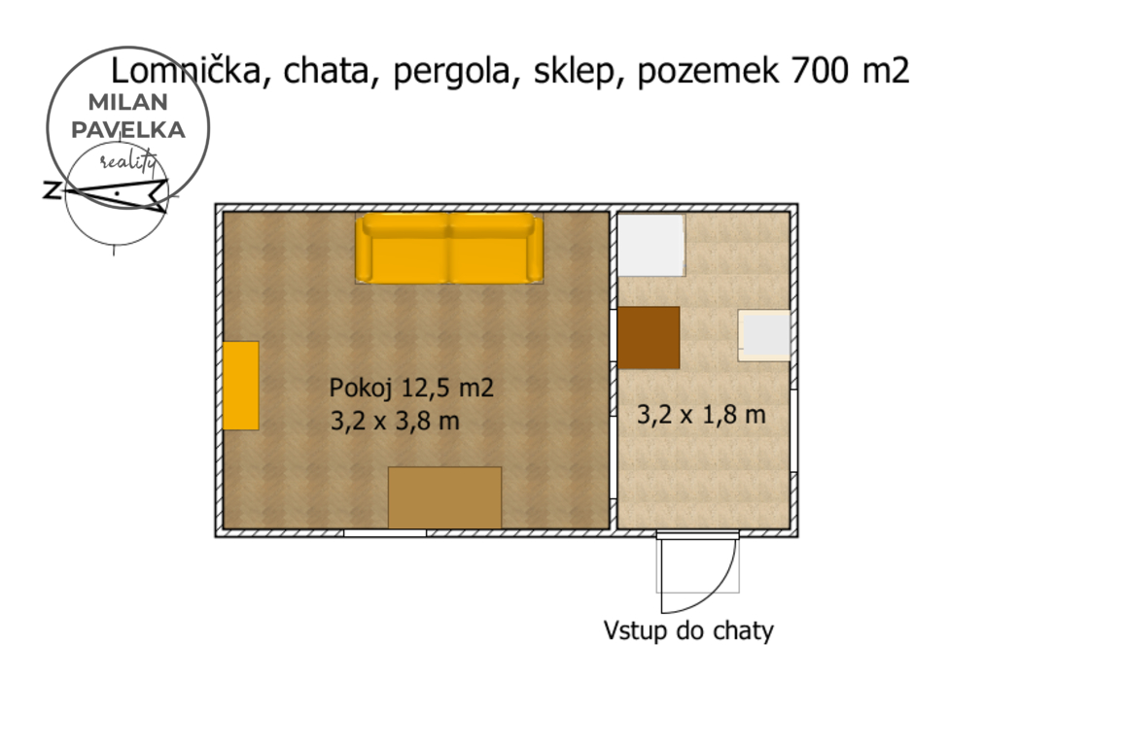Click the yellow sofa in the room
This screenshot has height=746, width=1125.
click(449, 248)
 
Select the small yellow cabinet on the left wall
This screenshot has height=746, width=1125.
click(240, 386)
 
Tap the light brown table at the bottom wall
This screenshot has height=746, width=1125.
click(444, 497)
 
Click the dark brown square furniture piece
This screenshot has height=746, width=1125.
click(649, 337)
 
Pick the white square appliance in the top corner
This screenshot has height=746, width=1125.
click(651, 245)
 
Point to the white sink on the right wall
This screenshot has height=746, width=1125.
click(764, 335)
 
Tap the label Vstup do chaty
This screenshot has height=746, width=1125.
click(688, 631)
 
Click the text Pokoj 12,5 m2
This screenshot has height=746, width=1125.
click(411, 388)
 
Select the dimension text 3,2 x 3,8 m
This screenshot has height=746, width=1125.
click(395, 421)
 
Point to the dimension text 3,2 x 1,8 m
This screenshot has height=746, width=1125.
click(702, 414)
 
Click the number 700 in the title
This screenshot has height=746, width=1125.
click(819, 71)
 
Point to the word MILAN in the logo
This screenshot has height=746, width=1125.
click(128, 102)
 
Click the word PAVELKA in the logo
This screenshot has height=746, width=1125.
click(128, 130)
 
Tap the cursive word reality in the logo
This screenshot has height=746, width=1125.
click(127, 160)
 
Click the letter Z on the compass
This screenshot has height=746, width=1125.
click(52, 190)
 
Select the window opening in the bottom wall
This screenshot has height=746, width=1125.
click(385, 533)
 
